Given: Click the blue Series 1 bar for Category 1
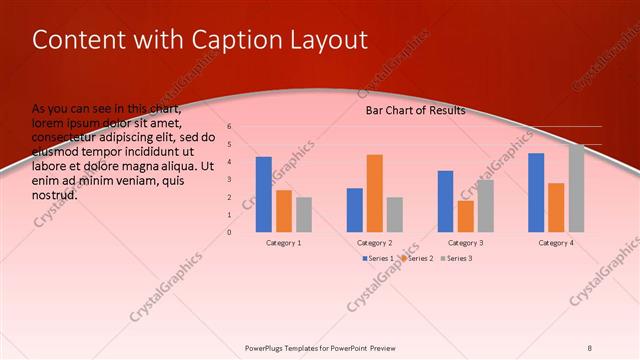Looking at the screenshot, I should [x=263, y=194].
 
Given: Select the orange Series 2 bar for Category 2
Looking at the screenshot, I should [x=375, y=193].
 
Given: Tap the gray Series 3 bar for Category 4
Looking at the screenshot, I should [x=577, y=188].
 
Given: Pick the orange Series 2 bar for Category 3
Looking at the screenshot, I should [x=465, y=216].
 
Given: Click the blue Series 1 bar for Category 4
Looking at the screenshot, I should [x=536, y=192].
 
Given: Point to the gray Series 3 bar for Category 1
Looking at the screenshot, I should [x=304, y=214].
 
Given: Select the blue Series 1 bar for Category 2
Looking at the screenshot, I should [x=355, y=210].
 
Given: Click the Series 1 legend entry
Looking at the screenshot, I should [x=377, y=259].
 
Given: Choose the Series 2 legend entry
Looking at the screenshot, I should [x=417, y=259].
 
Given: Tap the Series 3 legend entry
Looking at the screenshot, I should [x=457, y=259].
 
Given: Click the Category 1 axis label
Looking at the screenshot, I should [x=284, y=243].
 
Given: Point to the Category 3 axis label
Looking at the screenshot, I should [x=465, y=243].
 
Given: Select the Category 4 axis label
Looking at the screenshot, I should [x=556, y=243].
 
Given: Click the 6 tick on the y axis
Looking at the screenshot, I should [x=229, y=127].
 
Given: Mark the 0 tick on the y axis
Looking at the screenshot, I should [x=229, y=232].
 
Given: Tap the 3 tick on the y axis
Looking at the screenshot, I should [x=229, y=180].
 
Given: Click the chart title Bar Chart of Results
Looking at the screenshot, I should [x=415, y=111].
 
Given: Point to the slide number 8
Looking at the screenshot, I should [x=590, y=348].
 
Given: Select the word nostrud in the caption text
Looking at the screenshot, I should [x=55, y=195].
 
